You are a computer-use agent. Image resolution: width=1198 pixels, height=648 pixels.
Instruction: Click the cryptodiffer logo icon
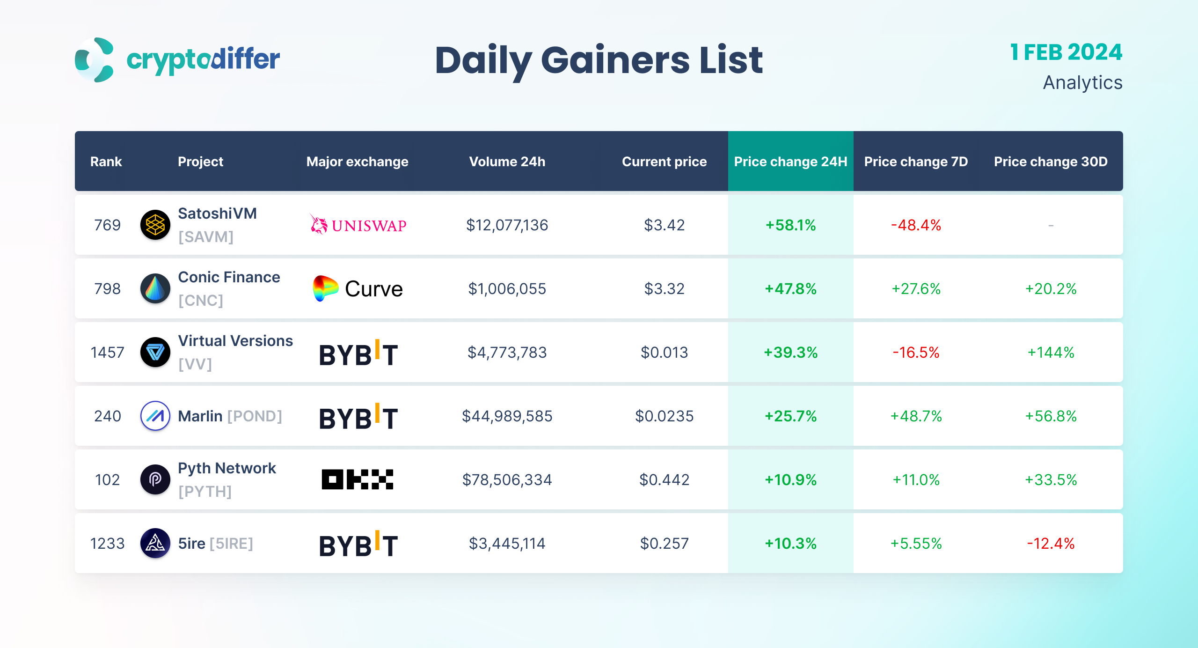coord(95,60)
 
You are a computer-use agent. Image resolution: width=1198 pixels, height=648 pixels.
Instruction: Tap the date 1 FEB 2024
coord(1066,52)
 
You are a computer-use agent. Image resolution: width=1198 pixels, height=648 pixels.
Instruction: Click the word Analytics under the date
coord(1082,83)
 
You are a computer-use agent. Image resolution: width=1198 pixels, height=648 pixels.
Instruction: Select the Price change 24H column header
coord(790,162)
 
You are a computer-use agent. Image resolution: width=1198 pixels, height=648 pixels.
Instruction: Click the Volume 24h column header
coord(507,162)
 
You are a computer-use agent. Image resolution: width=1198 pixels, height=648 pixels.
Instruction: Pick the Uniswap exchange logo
coord(358,225)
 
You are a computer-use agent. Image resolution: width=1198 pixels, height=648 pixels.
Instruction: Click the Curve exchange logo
coord(358,288)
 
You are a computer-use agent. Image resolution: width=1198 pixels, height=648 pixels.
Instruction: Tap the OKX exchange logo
coord(358,479)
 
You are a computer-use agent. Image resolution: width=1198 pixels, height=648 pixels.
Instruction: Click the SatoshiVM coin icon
coord(155,225)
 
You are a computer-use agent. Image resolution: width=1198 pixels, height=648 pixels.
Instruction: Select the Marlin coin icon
coord(155,416)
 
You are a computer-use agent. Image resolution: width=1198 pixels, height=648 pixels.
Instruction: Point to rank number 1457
coord(107,352)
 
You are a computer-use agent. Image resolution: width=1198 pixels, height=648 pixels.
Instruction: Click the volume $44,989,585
coord(507,416)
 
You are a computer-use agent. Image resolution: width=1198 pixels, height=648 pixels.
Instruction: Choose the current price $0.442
coord(664,479)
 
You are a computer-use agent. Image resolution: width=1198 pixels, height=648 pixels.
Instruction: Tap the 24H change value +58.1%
coord(790,225)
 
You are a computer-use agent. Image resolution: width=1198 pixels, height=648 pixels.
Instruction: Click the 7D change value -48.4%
coord(916,225)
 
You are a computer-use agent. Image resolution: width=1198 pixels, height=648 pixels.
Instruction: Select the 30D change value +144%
coord(1051,352)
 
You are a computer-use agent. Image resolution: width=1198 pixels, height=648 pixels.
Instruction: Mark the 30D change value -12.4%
coord(1051,543)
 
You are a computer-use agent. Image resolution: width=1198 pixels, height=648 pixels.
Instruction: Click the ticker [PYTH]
coord(205,492)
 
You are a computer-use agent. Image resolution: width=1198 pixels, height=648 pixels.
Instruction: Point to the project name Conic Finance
coord(229,277)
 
